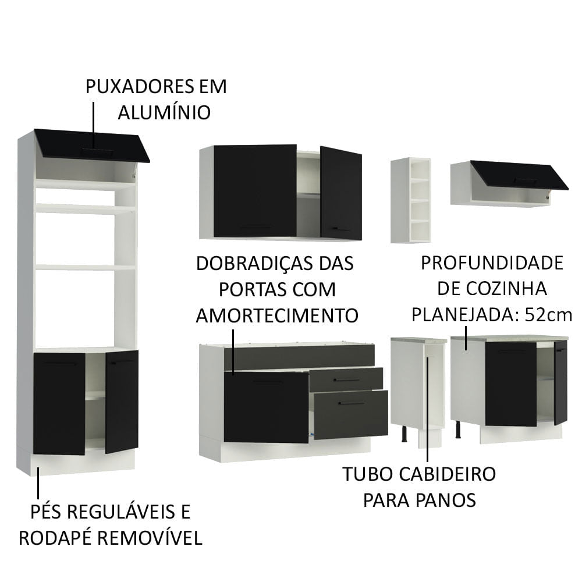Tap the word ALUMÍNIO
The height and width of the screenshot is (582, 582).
point(164,112)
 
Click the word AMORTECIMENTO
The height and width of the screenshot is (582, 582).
point(277,315)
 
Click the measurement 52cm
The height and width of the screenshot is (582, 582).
point(549,315)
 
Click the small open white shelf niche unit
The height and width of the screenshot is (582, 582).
point(411,200)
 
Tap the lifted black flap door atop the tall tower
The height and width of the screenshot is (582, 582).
point(92,145)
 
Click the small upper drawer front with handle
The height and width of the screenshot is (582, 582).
point(346,379)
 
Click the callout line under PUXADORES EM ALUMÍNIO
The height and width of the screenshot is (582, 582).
point(93,125)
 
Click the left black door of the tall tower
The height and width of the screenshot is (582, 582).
point(59,403)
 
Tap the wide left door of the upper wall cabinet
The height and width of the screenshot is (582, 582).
point(255,190)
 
